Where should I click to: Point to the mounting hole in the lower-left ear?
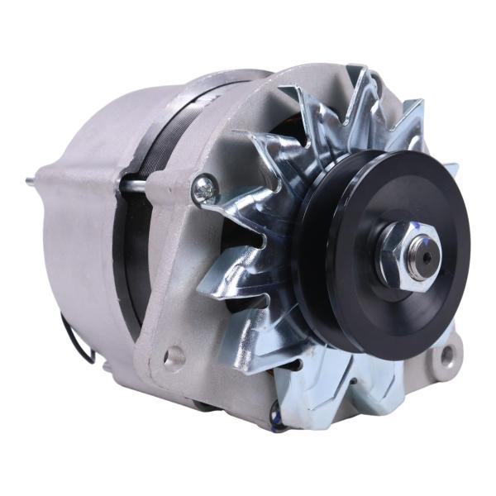174,357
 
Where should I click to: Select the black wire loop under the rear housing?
79,339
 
